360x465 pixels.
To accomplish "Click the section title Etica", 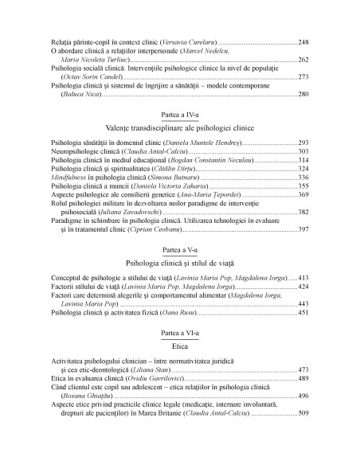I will click(179, 347).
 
